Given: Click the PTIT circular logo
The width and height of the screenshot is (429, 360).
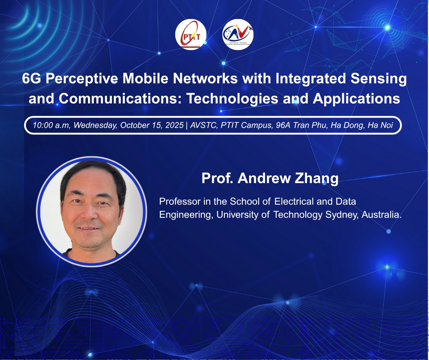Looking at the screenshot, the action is point(191,34).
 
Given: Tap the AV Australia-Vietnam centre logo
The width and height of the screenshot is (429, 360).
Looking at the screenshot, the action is point(238,34).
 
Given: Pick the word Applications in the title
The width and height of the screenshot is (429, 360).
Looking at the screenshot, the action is point(356,99).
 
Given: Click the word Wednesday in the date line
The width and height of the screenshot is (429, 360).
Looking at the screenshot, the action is point(96,125).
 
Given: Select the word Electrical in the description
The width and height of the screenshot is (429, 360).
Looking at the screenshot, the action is point(294,201).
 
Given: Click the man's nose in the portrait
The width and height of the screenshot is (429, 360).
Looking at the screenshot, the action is point(89,211).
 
